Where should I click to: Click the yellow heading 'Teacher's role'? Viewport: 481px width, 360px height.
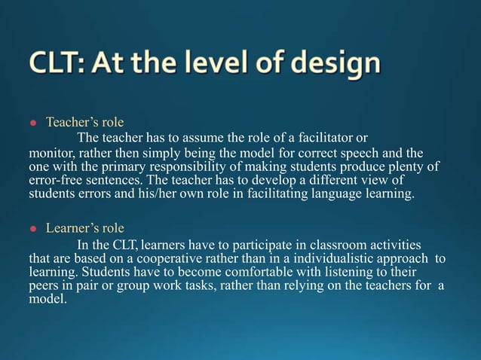pyautogui.click(x=84, y=122)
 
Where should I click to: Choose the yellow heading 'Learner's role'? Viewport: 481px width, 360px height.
pyautogui.click(x=85, y=227)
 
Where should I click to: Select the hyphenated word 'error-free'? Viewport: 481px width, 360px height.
pyautogui.click(x=55, y=181)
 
